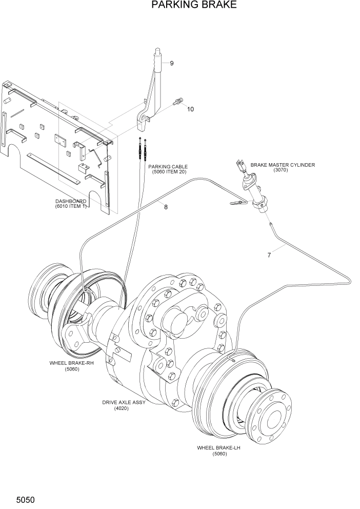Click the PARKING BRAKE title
click(194, 6)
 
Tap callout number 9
click(172, 63)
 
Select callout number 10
click(190, 109)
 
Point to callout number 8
click(166, 207)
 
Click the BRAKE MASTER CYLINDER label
click(283, 165)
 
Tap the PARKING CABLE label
click(168, 167)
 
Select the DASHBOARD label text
click(71, 201)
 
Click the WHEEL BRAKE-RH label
click(72, 363)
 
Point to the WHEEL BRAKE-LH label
click(219, 447)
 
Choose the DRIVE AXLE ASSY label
click(124, 402)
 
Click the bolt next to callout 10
click(178, 103)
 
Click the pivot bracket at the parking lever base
click(144, 119)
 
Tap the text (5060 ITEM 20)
click(169, 172)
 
